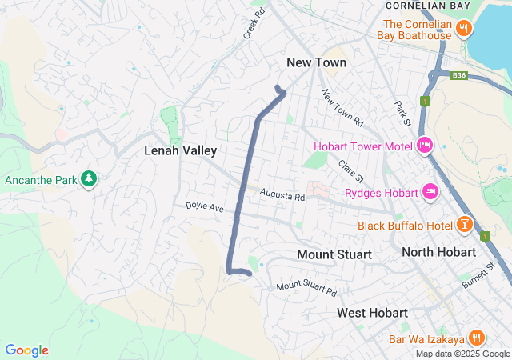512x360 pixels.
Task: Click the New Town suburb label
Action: pos(317,62)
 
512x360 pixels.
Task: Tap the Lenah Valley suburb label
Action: pos(181,150)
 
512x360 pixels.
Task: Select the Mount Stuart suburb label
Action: pos(334,254)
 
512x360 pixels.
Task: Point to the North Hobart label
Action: pos(438,252)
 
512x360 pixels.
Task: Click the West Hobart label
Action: pos(372,312)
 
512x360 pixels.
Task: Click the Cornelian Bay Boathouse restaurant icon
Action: pos(464,30)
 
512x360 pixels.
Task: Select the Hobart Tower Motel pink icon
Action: pos(425,146)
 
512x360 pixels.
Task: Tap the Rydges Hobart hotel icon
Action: pos(430,192)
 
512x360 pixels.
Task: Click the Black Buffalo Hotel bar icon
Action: pos(463,225)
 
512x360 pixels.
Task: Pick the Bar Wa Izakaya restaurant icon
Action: pos(476,337)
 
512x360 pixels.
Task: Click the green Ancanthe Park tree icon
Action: pos(89,180)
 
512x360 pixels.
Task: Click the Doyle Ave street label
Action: pos(204,206)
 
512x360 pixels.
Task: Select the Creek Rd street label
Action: pos(254,25)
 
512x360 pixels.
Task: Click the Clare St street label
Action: pos(350,170)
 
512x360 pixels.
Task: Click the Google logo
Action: pos(26,350)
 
